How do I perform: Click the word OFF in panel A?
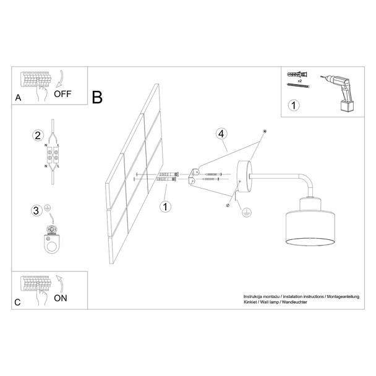(62, 94)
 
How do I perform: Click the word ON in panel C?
(61, 298)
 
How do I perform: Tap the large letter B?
(97, 97)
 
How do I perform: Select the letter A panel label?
(18, 98)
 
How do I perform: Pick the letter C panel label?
(17, 302)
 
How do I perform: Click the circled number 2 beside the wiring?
(38, 135)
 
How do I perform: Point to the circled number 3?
(36, 211)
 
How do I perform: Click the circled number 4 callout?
(221, 134)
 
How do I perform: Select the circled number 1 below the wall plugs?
(166, 207)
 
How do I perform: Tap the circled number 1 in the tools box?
(294, 105)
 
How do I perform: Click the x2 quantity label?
(299, 81)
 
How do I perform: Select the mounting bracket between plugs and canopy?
(194, 176)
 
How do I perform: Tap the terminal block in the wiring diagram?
(53, 155)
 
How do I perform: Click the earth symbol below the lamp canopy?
(246, 212)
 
